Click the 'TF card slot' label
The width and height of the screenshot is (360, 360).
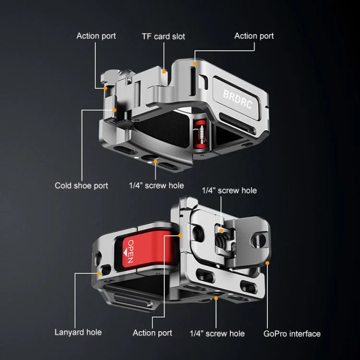click(x=163, y=36)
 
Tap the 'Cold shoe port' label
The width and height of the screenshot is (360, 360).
click(x=81, y=185)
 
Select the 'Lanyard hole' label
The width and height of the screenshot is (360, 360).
click(x=78, y=332)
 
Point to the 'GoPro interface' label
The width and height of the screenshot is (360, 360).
click(x=292, y=334)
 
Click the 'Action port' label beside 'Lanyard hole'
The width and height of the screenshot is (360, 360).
click(x=152, y=333)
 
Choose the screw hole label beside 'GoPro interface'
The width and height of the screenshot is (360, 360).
click(x=217, y=334)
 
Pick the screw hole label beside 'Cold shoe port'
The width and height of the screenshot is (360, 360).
click(x=156, y=185)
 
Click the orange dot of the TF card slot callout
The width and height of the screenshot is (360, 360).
click(x=164, y=72)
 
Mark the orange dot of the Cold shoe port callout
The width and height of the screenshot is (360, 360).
click(x=114, y=110)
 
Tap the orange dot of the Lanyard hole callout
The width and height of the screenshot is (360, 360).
click(x=99, y=273)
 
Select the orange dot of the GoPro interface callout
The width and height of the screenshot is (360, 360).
click(x=267, y=263)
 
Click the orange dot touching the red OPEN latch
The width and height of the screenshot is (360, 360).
click(x=180, y=235)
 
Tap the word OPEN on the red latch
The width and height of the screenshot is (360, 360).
click(x=131, y=251)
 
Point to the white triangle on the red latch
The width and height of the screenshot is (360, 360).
click(x=125, y=252)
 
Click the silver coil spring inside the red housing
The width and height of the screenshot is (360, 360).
click(x=201, y=134)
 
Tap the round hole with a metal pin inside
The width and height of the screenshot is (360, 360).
click(x=259, y=240)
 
